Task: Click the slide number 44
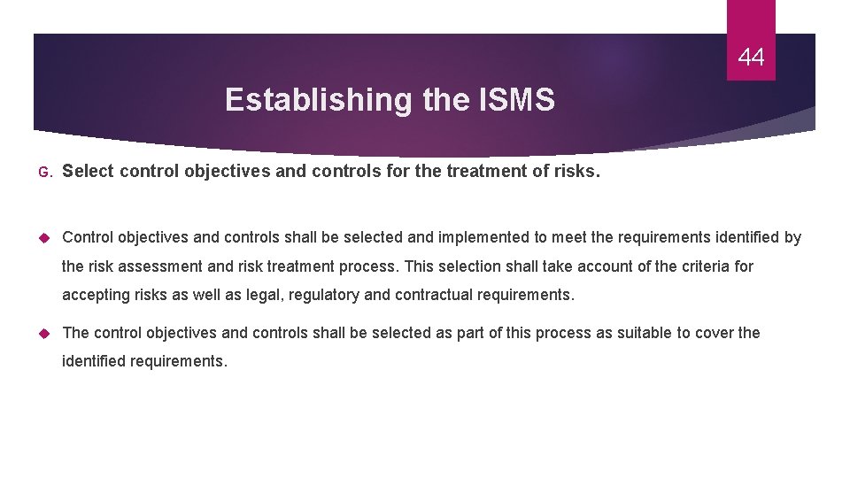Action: point(751,58)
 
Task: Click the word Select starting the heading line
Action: point(88,171)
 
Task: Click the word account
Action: point(588,266)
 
